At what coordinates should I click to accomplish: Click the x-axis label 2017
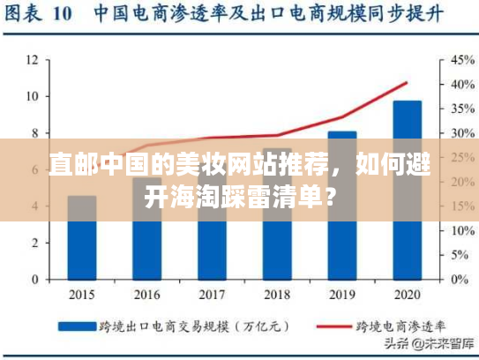coord(213,296)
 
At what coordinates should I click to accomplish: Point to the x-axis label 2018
coord(277,296)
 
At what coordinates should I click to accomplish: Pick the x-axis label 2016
coord(147,296)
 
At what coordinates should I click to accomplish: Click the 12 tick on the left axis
coord(32,60)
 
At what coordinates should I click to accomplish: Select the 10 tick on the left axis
coord(32,96)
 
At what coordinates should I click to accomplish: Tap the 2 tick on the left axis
coord(34,243)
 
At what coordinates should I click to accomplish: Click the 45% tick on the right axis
coord(462,60)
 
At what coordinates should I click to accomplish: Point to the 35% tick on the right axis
coord(462,109)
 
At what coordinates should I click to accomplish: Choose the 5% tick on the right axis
coord(460,255)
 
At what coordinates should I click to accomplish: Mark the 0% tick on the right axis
coord(460,280)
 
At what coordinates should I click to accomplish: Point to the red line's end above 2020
coord(407,83)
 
